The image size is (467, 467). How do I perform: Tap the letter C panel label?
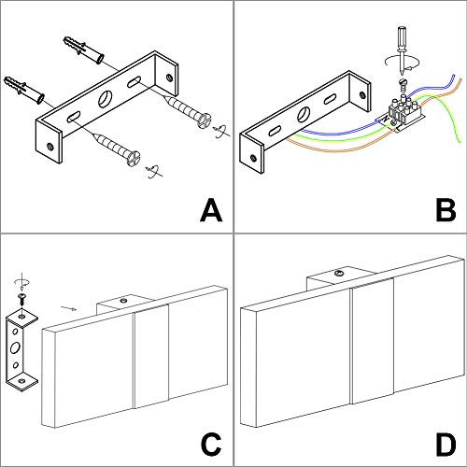[211, 444]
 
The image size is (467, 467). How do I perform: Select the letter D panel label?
[446, 444]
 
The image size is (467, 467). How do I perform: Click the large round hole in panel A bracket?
[106, 98]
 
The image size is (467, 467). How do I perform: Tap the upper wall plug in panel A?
[84, 50]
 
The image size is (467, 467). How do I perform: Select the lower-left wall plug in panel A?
[24, 89]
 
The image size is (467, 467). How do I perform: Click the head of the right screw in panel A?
[205, 120]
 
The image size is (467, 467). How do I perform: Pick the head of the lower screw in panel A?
[134, 158]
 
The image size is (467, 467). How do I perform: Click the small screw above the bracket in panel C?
[21, 298]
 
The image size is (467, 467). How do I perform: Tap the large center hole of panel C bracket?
[15, 347]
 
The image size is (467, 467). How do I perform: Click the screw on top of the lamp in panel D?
[338, 274]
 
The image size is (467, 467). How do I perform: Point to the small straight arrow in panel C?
[69, 308]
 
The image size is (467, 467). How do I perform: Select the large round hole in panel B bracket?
[304, 114]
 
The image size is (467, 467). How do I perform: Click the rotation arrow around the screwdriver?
[402, 63]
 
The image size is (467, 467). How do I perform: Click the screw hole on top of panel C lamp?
[124, 300]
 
